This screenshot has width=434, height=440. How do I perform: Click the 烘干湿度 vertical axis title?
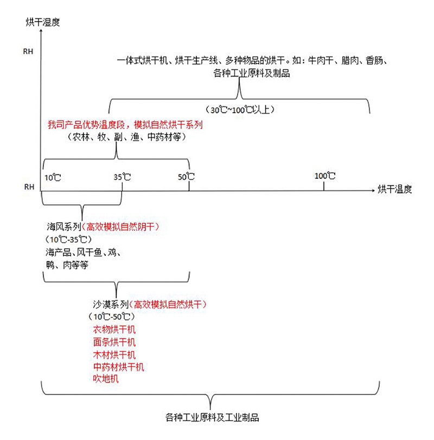click(x=43, y=22)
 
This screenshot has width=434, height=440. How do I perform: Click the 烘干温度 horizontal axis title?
click(x=395, y=190)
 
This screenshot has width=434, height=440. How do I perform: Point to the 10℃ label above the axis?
click(x=53, y=178)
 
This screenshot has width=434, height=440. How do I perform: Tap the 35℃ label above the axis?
click(x=122, y=177)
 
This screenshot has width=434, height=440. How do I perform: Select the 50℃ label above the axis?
click(x=186, y=177)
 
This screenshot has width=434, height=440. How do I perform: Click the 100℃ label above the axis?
click(x=325, y=176)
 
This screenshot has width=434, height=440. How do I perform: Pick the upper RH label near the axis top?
click(x=28, y=52)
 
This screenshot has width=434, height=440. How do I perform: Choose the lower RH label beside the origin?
click(x=29, y=187)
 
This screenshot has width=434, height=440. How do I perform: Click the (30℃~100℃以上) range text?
click(x=240, y=109)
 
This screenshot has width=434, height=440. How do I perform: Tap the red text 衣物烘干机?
click(x=114, y=329)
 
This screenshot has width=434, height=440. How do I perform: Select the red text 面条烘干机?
click(x=114, y=342)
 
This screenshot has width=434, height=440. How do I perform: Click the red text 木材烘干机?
click(x=114, y=355)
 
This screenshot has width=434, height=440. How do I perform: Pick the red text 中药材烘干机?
click(x=118, y=367)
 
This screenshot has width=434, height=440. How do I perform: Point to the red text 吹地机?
click(x=106, y=379)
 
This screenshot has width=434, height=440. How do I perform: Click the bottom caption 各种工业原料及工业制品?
click(x=212, y=418)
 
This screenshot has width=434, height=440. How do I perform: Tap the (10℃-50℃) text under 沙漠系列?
click(x=112, y=317)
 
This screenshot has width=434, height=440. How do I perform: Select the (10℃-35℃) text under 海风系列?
click(x=68, y=240)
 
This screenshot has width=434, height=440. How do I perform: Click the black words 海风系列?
click(x=64, y=227)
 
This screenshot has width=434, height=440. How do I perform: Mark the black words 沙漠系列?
click(x=111, y=304)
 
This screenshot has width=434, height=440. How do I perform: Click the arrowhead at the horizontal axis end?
click(x=373, y=191)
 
